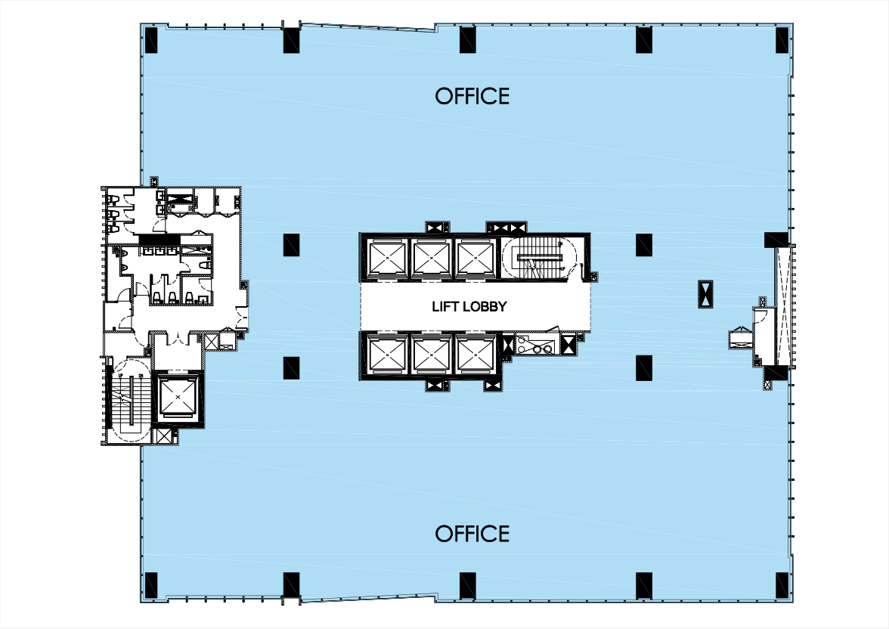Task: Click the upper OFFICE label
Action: point(472,96)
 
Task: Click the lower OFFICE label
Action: point(472,534)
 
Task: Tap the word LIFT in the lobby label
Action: point(445,307)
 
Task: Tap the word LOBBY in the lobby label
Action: point(484,307)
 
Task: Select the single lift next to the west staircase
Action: point(178,396)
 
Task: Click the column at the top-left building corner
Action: point(150,40)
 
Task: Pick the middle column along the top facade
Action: point(469,40)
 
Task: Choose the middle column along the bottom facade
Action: point(469,585)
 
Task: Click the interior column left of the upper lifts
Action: point(292,245)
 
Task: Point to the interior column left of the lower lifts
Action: point(292,367)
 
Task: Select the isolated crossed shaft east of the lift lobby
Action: point(705,294)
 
